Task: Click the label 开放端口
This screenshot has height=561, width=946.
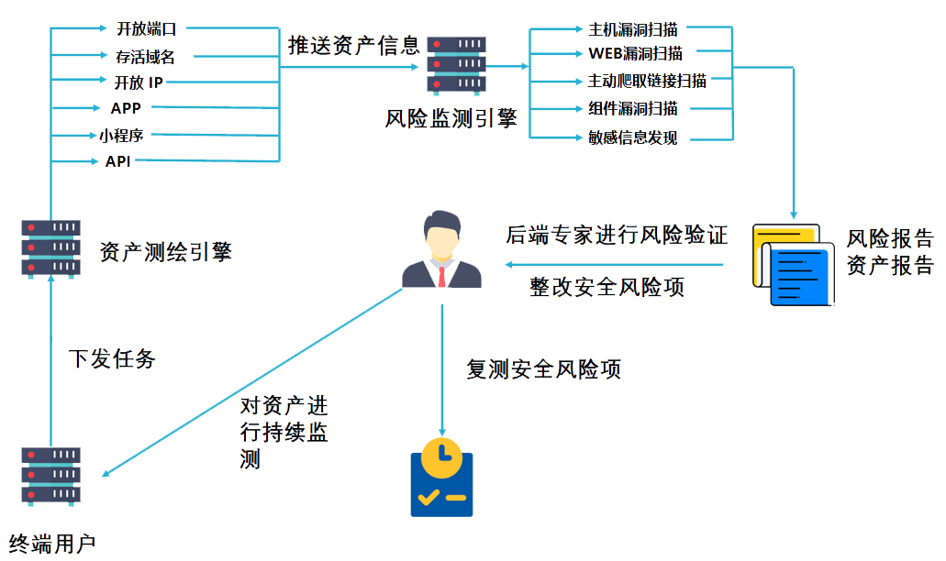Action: click(x=146, y=29)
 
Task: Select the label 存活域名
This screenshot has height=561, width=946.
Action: click(x=145, y=57)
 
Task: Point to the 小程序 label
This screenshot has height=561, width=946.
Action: click(x=122, y=136)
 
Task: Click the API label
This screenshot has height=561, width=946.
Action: click(x=117, y=162)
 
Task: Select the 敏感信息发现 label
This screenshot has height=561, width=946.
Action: click(x=632, y=138)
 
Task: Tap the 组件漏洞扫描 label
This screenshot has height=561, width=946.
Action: click(x=632, y=109)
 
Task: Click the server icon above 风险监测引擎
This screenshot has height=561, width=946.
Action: click(x=456, y=65)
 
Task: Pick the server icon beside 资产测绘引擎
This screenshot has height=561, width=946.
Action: click(x=50, y=247)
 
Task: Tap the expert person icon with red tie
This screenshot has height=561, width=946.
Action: click(x=442, y=250)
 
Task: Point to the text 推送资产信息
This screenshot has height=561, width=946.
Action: click(x=353, y=46)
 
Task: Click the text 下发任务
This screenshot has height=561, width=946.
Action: click(x=112, y=358)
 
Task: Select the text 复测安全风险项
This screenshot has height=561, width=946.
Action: click(x=543, y=368)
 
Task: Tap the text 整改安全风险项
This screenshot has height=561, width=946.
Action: click(x=607, y=286)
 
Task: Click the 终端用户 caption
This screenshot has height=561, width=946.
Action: click(x=52, y=544)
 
